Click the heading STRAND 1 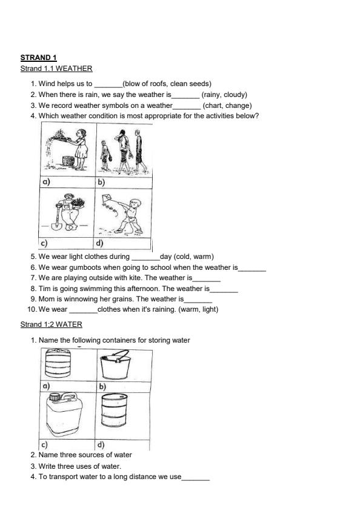pyautogui.click(x=38, y=58)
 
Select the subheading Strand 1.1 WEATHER pyautogui.click(x=56, y=69)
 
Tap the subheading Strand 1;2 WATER pyautogui.click(x=52, y=324)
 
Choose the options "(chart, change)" pyautogui.click(x=227, y=106)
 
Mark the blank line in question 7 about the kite pyautogui.click(x=207, y=278)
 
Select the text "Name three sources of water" pyautogui.click(x=85, y=455)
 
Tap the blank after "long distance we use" pyautogui.click(x=196, y=477)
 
